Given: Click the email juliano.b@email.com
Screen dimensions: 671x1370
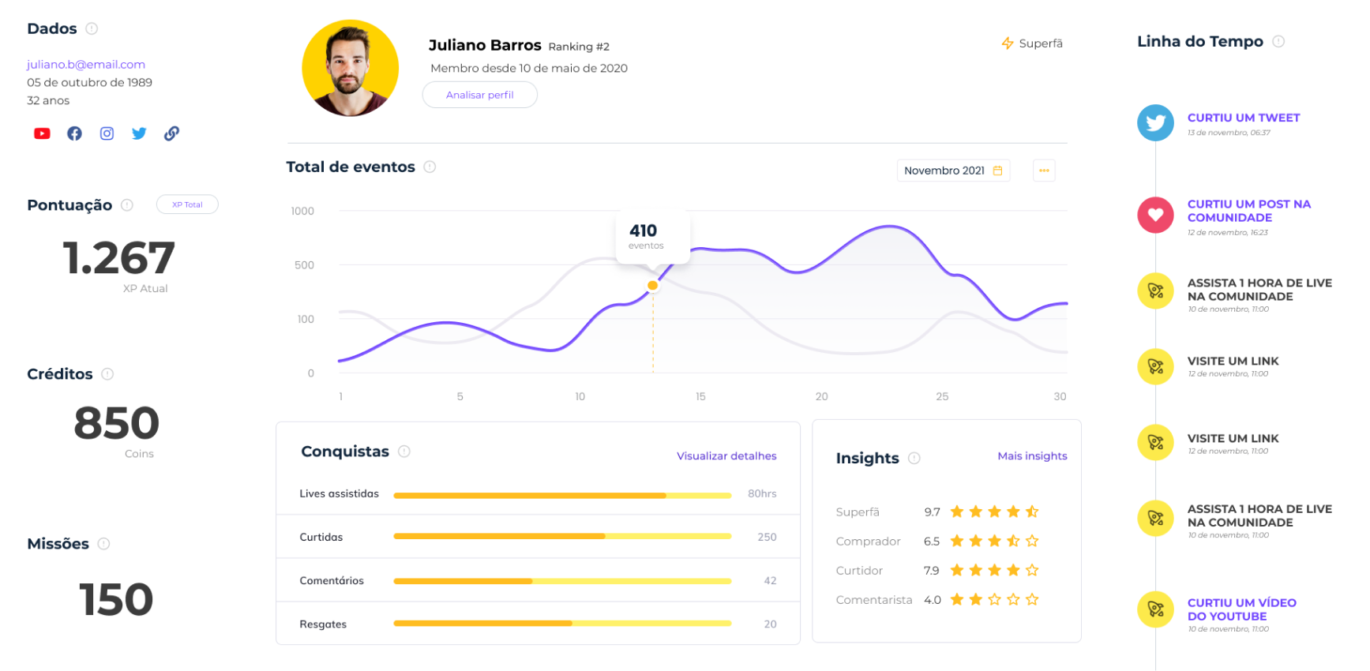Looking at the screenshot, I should [x=86, y=65].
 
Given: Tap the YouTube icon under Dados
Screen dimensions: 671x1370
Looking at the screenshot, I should [x=42, y=133].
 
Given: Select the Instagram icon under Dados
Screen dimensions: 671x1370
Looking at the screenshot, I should [x=107, y=133].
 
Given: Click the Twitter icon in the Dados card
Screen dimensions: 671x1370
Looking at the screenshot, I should [x=139, y=133].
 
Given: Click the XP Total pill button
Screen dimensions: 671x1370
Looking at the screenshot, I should [x=187, y=204].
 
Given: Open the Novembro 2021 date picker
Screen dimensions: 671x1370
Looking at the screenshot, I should [x=953, y=171].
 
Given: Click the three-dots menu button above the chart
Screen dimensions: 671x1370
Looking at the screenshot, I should [x=1044, y=171].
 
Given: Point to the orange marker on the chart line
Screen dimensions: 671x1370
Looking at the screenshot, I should [x=652, y=286].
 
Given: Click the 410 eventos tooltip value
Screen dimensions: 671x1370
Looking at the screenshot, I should [x=644, y=231].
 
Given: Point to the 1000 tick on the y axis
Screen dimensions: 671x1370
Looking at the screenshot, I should [x=302, y=212].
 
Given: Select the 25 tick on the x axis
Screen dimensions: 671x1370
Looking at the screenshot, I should [x=942, y=396].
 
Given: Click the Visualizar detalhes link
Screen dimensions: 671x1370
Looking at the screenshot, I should [x=726, y=456].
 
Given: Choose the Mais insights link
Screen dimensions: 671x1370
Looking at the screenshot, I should [x=1032, y=456].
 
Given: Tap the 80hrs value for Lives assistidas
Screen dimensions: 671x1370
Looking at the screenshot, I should [x=762, y=494].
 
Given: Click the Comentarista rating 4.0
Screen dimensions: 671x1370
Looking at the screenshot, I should [x=933, y=600].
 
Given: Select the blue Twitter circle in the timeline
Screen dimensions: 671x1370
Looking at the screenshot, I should [x=1155, y=123].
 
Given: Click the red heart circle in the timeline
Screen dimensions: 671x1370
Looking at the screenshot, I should [x=1155, y=215].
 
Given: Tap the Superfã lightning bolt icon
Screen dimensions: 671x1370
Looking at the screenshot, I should [x=1008, y=43].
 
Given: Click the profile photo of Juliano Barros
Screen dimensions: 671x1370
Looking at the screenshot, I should [x=351, y=69].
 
